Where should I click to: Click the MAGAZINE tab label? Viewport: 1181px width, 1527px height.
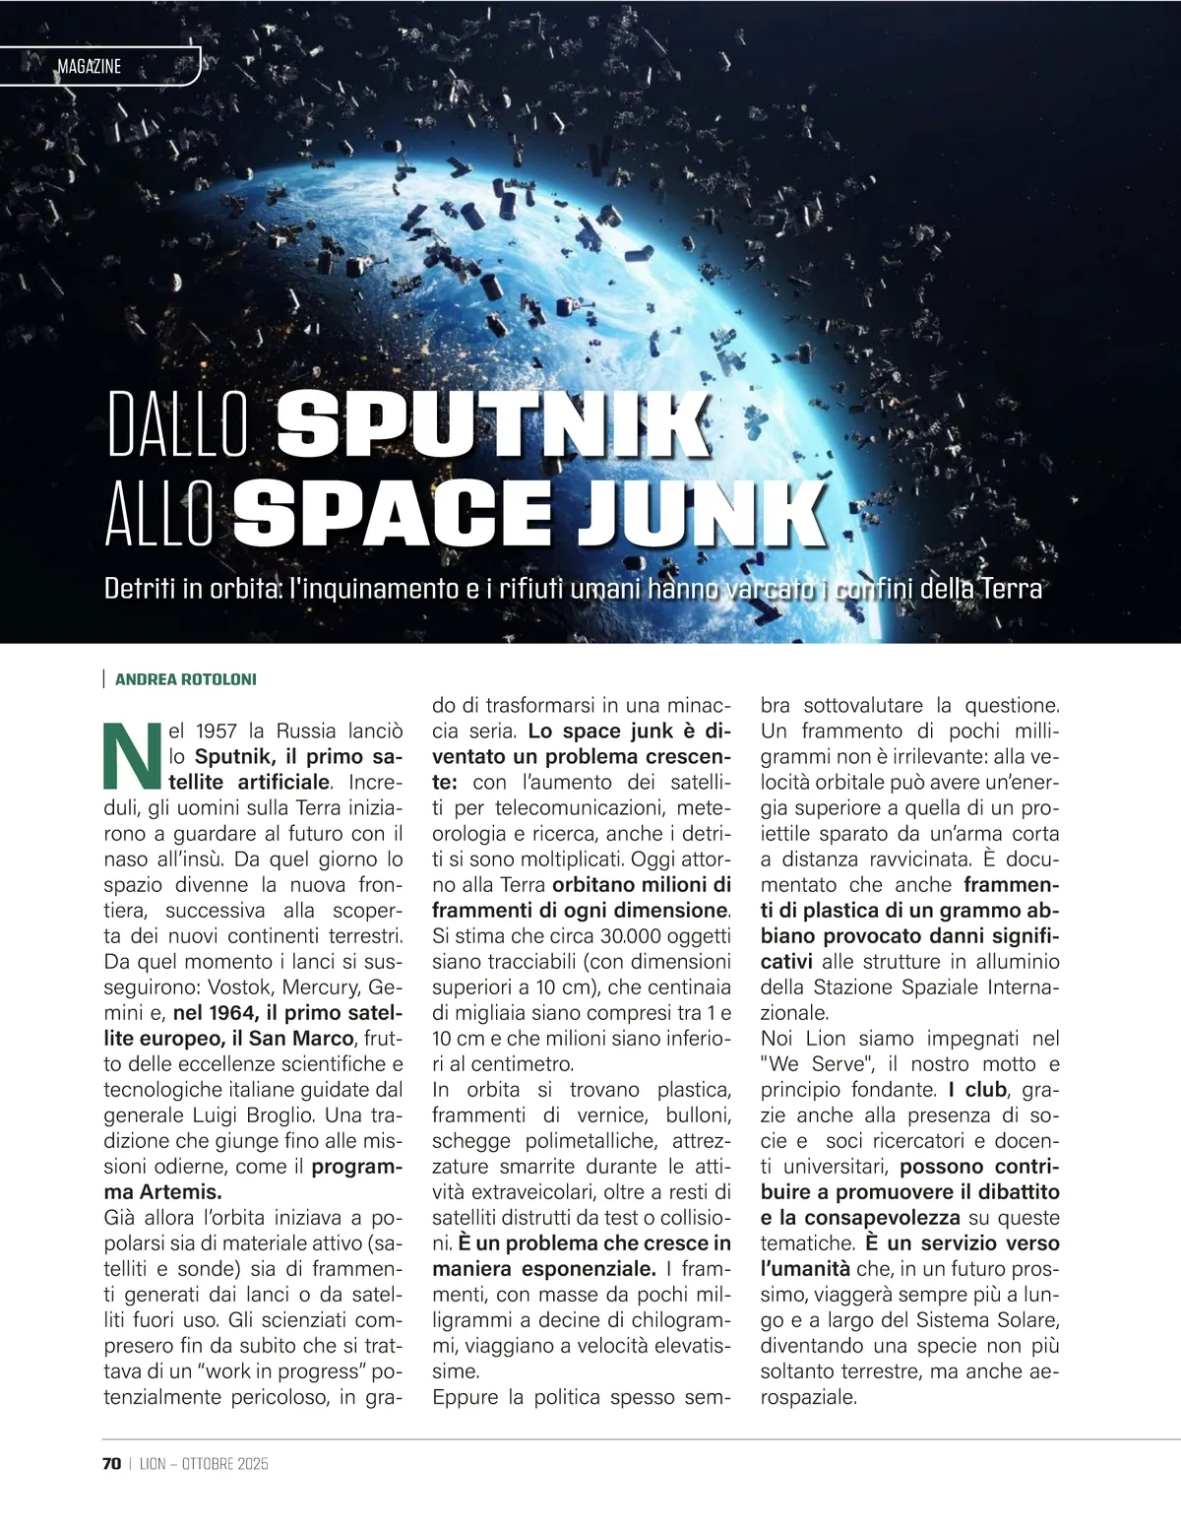(89, 67)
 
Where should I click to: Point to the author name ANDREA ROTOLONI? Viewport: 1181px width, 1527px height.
(185, 679)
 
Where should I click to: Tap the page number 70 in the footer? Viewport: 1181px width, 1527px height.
(110, 1464)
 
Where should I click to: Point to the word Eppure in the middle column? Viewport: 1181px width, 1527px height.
(466, 1397)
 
